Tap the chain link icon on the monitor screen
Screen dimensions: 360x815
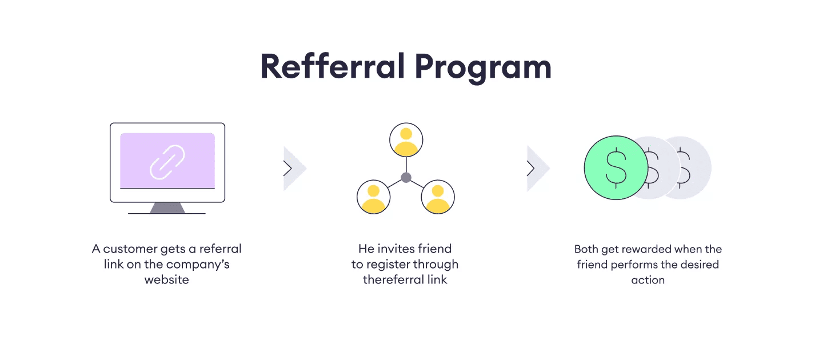(x=167, y=162)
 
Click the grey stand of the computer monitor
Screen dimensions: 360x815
(x=167, y=207)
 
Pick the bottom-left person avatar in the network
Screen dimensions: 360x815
(x=373, y=197)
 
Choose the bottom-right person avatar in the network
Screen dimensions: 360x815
(x=438, y=197)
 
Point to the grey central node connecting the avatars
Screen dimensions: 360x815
(x=406, y=178)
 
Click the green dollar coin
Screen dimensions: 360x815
(x=616, y=167)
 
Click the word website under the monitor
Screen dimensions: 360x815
(x=166, y=280)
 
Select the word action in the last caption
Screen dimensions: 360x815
(x=648, y=280)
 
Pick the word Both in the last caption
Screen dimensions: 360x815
(x=586, y=249)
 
